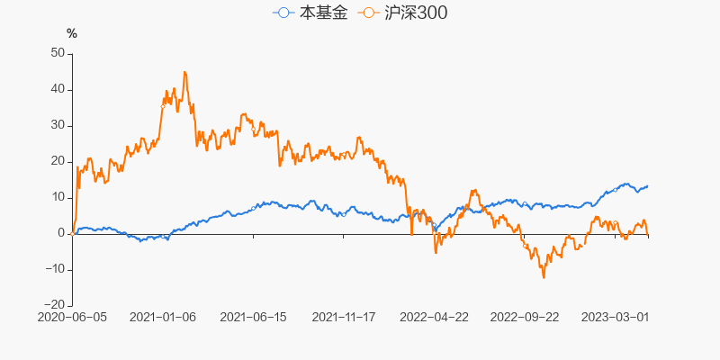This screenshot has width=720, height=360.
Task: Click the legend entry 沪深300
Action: (x=401, y=13)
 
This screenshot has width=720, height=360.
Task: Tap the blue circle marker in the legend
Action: (x=284, y=13)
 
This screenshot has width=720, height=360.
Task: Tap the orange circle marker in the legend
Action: (x=367, y=13)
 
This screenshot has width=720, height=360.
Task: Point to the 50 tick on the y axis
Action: (x=57, y=53)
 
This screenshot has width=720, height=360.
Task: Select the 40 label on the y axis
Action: (x=57, y=89)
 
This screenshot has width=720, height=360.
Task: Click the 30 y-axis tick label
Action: (x=57, y=125)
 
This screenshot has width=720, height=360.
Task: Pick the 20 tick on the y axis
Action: (x=57, y=161)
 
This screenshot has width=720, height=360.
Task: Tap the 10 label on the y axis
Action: (x=57, y=197)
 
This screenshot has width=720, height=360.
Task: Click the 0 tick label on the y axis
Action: (x=60, y=233)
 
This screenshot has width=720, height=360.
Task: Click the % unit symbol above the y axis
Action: (x=72, y=33)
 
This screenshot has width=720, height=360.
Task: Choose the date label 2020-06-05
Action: (x=72, y=317)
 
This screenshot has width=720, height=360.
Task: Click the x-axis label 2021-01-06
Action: (x=163, y=317)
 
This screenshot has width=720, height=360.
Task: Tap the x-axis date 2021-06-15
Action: (x=253, y=317)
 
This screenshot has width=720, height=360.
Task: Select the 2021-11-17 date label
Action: (x=344, y=317)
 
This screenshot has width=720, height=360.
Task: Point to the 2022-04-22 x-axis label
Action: (x=435, y=317)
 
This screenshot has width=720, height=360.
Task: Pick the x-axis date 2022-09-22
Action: (x=526, y=317)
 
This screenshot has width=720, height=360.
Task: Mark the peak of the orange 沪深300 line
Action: (x=184, y=72)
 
